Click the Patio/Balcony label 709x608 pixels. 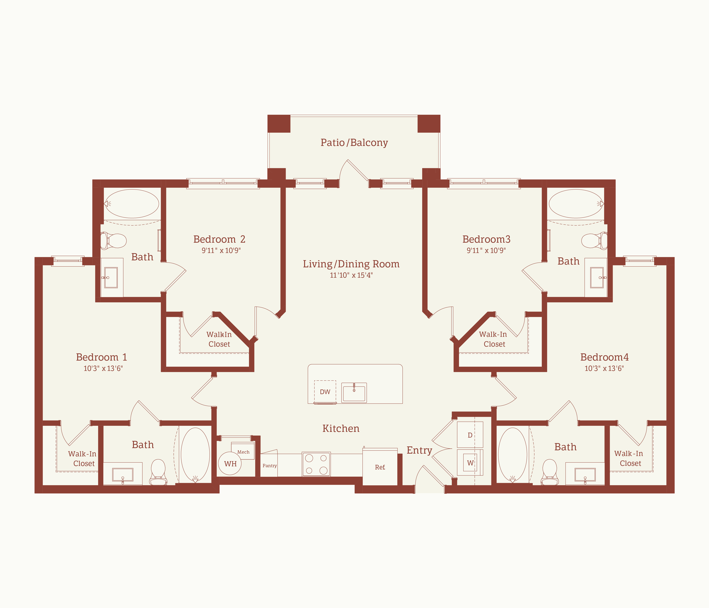[354, 142]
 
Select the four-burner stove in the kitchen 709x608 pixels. [316, 464]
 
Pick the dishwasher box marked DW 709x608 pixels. [325, 392]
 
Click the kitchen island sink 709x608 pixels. [354, 392]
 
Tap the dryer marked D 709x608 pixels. [470, 435]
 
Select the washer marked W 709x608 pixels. [470, 462]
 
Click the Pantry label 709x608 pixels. [270, 466]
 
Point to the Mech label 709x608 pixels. [243, 452]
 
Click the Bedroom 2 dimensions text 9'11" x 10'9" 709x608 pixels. [221, 250]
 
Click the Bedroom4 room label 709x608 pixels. [605, 357]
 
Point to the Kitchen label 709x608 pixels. [341, 428]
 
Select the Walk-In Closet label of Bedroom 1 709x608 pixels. [83, 458]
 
